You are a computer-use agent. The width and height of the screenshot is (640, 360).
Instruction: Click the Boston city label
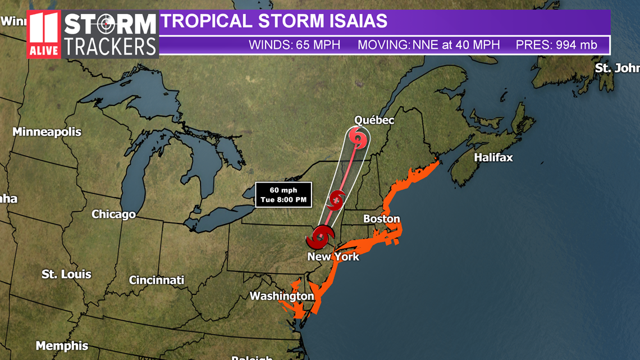tap(382, 219)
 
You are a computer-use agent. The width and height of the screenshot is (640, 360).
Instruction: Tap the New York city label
tap(333, 257)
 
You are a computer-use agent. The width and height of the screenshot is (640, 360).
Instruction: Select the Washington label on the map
tap(282, 296)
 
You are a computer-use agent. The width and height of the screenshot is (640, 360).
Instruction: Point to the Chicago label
tap(114, 214)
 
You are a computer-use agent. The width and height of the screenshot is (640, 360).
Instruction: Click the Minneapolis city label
tap(47, 132)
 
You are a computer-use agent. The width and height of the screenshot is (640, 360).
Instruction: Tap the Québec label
tap(374, 120)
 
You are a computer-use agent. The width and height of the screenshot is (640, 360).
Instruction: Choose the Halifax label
tap(493, 158)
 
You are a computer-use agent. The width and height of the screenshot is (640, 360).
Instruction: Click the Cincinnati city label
tap(157, 280)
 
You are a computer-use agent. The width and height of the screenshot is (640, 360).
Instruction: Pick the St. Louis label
tap(66, 274)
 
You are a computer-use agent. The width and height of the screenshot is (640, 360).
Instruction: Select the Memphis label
tap(62, 346)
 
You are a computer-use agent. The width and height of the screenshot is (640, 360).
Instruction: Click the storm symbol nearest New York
tap(320, 237)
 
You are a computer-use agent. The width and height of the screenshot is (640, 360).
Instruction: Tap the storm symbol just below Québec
tap(358, 137)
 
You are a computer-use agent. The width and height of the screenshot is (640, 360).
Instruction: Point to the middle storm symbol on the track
tap(336, 199)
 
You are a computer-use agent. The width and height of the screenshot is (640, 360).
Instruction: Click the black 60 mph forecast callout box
tap(284, 195)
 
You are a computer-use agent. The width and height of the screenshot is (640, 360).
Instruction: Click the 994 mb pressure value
tap(577, 45)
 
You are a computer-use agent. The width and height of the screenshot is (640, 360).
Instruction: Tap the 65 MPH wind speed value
tap(318, 45)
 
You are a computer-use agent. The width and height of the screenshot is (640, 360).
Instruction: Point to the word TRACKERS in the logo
tap(109, 47)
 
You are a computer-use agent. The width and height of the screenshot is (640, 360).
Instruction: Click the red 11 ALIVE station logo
tap(44, 34)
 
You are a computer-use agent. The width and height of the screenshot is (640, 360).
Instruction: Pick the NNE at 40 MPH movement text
tap(456, 45)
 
